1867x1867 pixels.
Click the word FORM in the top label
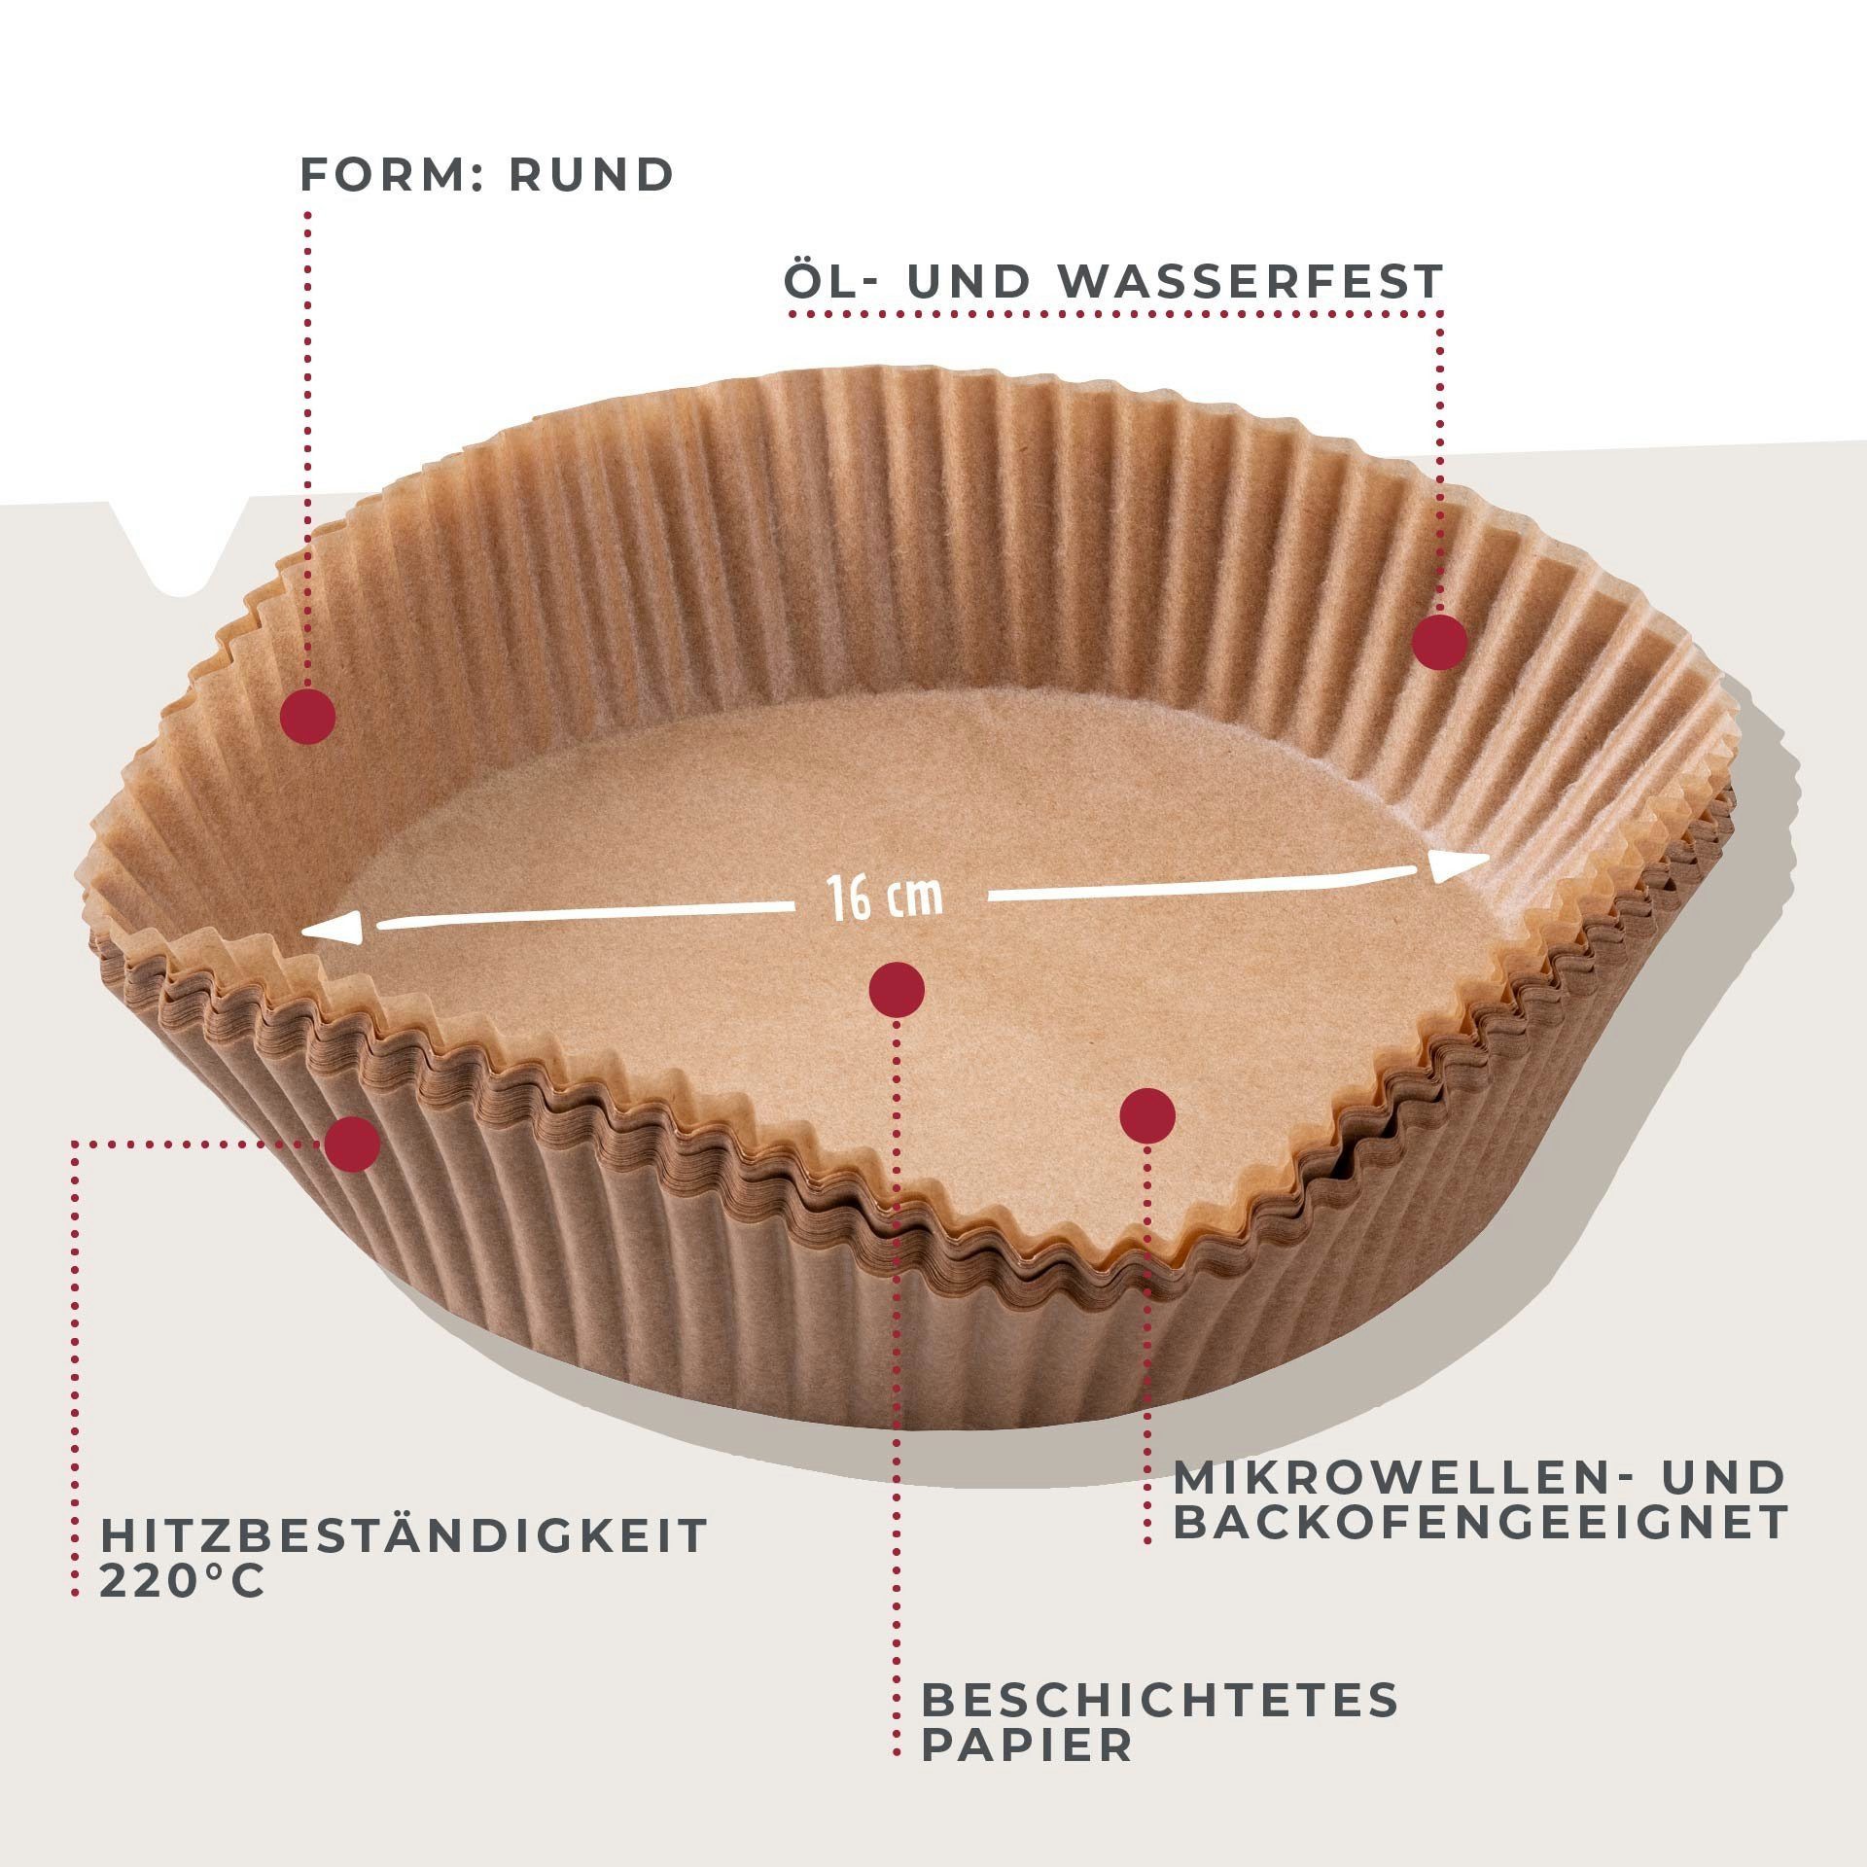pos(385,175)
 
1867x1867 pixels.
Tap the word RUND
pos(591,175)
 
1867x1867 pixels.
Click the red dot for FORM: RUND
pos(307,717)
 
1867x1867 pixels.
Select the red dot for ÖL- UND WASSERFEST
pos(1439,642)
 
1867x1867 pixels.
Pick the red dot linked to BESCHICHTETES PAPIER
pos(897,990)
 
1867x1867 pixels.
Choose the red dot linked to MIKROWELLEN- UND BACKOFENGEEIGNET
pos(1147,1114)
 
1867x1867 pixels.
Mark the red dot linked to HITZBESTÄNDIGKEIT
pos(352,1144)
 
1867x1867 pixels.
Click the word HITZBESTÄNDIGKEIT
pos(404,1535)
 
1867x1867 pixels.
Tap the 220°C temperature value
pos(182,1582)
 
